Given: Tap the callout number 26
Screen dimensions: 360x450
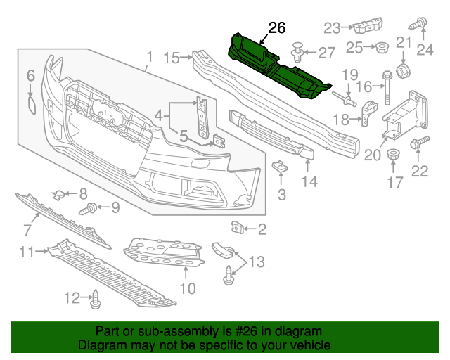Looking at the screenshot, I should (277, 28).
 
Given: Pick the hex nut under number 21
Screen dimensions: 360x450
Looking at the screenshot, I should (404, 70).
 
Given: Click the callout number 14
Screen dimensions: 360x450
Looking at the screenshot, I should (310, 181).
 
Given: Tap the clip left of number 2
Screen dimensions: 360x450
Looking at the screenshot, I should (237, 227).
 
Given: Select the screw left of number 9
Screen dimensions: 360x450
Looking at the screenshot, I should (89, 208).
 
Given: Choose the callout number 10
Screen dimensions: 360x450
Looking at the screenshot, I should (187, 288).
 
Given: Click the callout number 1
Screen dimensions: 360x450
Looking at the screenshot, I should (149, 56).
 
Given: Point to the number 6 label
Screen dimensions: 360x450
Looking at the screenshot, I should (31, 76).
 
